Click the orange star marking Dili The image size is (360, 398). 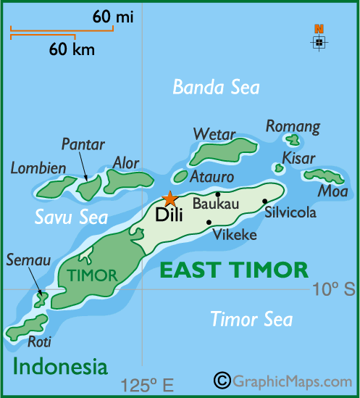click(169, 198)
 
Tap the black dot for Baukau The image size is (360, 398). click(218, 194)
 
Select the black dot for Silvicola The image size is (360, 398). click(265, 201)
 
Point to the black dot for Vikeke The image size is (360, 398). click(209, 222)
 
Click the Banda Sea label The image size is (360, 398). click(215, 88)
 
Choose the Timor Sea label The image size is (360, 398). click(251, 319)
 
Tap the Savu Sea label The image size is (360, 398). click(71, 217)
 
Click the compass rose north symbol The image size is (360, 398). click(319, 39)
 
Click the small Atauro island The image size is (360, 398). click(180, 176)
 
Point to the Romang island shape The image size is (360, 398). click(293, 139)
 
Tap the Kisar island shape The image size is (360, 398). click(279, 167)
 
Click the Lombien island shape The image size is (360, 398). click(52, 188)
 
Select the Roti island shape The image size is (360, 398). click(26, 327)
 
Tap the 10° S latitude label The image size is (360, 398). click(334, 290)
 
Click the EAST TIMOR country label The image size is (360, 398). click(234, 270)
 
